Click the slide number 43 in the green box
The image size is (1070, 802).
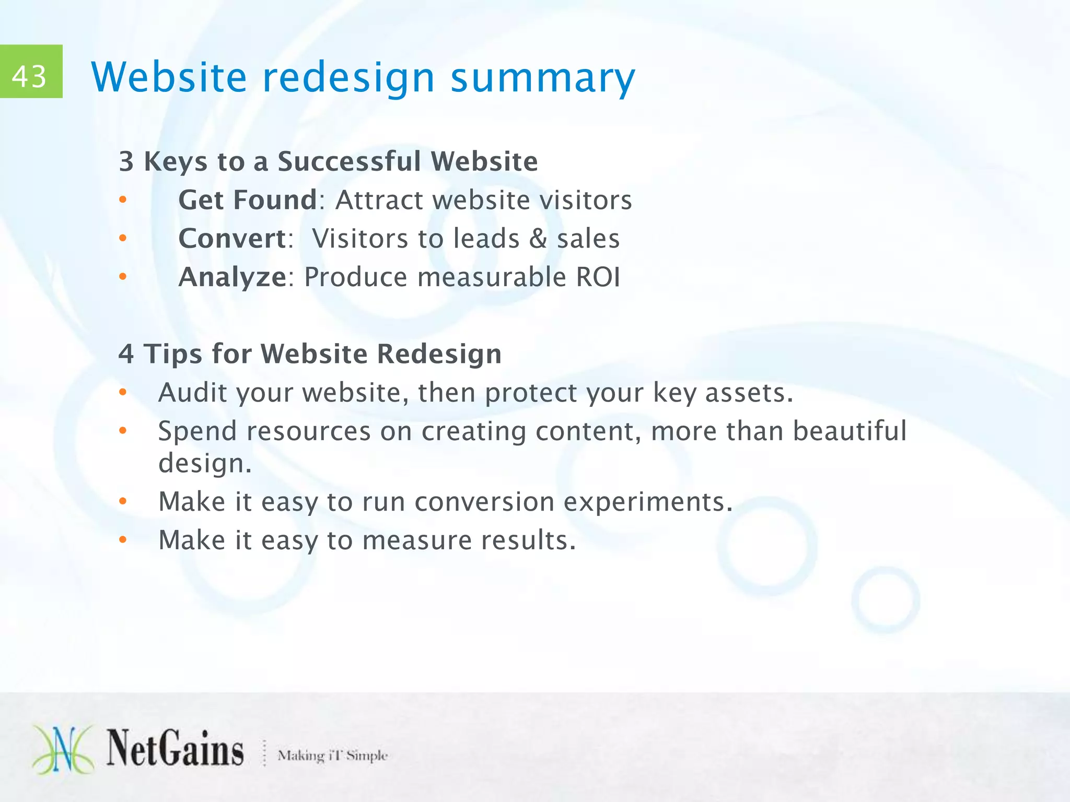[x=29, y=76]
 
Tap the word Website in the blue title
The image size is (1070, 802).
[x=169, y=77]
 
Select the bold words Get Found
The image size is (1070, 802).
[x=248, y=200]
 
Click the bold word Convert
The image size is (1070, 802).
[x=231, y=239]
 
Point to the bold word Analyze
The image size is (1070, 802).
[x=232, y=277]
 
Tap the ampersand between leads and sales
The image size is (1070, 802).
[x=538, y=239]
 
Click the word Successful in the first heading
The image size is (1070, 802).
[x=349, y=161]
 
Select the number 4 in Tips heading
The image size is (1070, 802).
[x=126, y=354]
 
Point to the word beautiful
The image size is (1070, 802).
[x=850, y=431]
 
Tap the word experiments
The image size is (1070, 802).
[x=644, y=502]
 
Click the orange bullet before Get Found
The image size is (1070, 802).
[x=123, y=200]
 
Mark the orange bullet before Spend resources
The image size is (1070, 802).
[x=123, y=431]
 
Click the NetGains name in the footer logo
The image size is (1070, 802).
[x=176, y=749]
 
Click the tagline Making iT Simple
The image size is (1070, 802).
[x=332, y=756]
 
